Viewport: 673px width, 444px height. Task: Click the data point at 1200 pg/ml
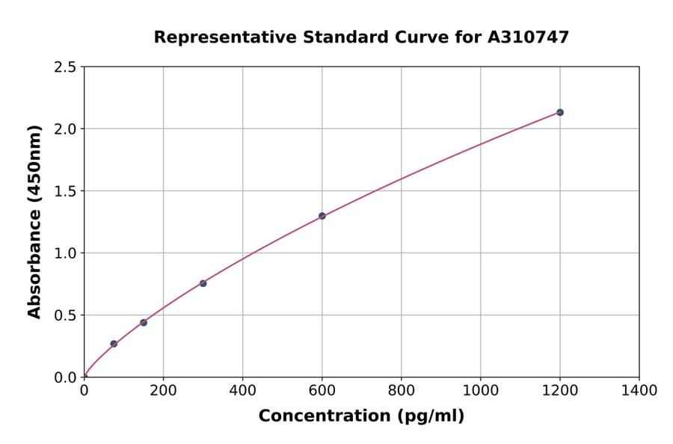pyautogui.click(x=559, y=112)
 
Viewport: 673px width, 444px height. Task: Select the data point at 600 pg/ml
pyautogui.click(x=322, y=216)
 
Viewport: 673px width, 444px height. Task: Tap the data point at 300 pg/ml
pyautogui.click(x=203, y=283)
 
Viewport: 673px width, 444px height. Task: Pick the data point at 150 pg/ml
pyautogui.click(x=144, y=322)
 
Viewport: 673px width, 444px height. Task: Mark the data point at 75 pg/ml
pyautogui.click(x=114, y=344)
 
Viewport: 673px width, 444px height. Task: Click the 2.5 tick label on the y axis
pyautogui.click(x=66, y=67)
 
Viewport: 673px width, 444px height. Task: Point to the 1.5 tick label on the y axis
pyautogui.click(x=66, y=191)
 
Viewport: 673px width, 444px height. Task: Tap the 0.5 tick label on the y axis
pyautogui.click(x=66, y=315)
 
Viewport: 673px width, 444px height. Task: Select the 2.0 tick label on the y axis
pyautogui.click(x=66, y=129)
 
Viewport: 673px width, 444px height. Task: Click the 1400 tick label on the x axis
pyautogui.click(x=639, y=390)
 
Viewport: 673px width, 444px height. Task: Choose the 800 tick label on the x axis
pyautogui.click(x=401, y=390)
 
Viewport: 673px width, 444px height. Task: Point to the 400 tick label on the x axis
pyautogui.click(x=242, y=390)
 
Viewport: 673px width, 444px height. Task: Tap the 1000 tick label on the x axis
pyautogui.click(x=480, y=390)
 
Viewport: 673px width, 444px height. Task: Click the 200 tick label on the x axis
pyautogui.click(x=163, y=390)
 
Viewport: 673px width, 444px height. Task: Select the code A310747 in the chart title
pyautogui.click(x=529, y=37)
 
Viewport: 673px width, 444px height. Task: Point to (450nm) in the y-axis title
pyautogui.click(x=34, y=161)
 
